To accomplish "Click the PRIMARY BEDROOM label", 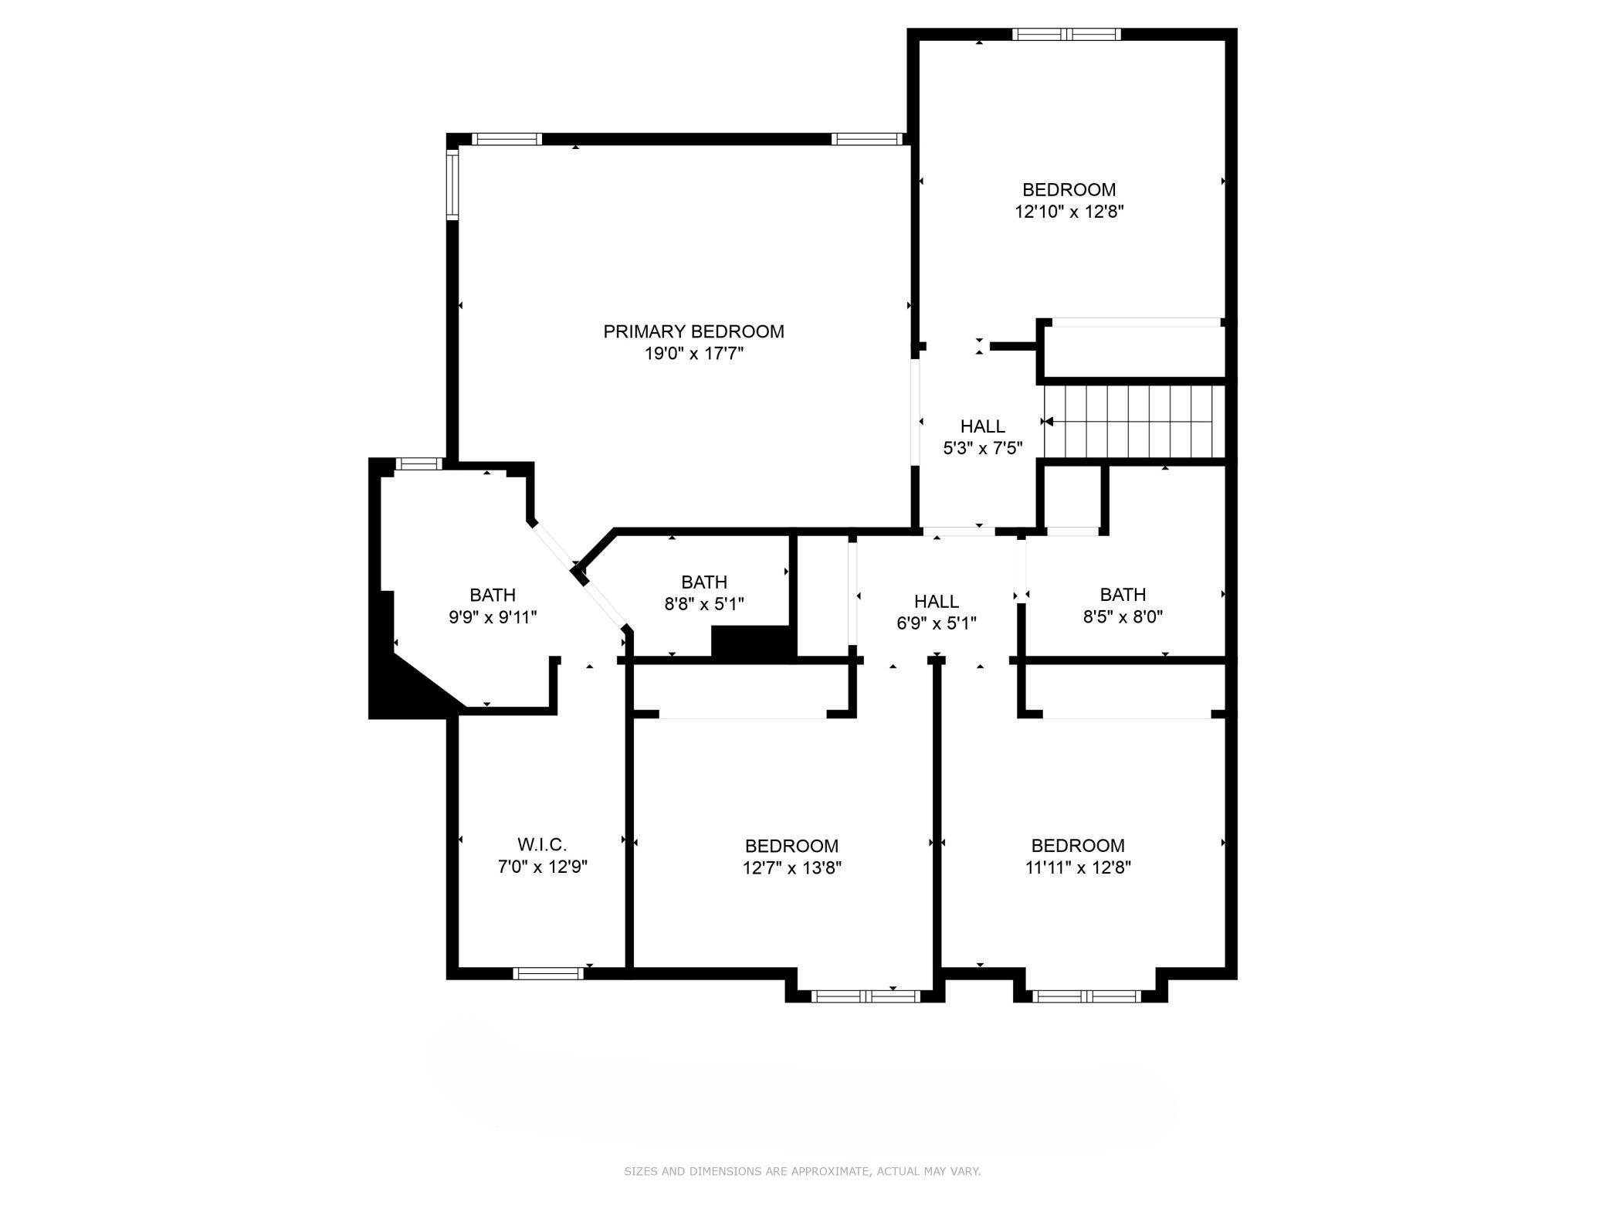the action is pos(693,331).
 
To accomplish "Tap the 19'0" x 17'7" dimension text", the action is pos(693,354).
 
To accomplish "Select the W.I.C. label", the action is pos(542,844).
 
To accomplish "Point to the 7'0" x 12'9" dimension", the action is pos(542,867).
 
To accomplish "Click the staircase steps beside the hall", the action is pos(1134,422).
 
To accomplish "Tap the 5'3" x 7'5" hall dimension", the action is pos(983,448).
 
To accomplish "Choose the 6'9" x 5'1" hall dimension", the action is pos(937,623).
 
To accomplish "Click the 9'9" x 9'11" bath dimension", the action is pos(493,617).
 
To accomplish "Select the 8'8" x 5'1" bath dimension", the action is pos(704,603).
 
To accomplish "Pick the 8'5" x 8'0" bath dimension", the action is pos(1123,616).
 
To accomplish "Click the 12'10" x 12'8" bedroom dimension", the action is pos(1069,212).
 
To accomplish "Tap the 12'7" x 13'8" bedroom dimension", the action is pos(791,867).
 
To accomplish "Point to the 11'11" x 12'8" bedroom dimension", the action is pos(1078,867).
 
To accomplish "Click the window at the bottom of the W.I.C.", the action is pos(548,973).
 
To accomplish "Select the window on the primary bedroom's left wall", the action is pos(452,184).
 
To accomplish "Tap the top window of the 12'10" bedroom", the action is pos(1066,34).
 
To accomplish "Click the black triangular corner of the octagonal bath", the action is pos(405,684).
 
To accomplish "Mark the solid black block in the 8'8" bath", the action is pos(753,643).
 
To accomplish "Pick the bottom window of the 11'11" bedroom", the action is pos(1087,996).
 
